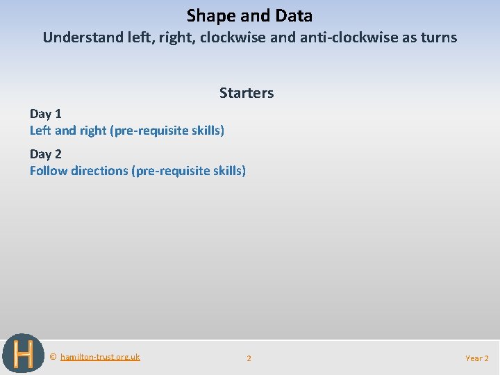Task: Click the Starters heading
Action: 247,93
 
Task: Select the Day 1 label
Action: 45,114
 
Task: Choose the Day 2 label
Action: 45,154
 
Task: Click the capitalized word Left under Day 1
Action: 41,131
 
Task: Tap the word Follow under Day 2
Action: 48,171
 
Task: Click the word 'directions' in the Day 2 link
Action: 99,171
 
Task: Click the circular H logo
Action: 22,354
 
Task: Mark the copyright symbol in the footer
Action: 53,357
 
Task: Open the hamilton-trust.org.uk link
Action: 100,357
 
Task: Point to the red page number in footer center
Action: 249,358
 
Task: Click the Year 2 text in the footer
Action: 476,358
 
